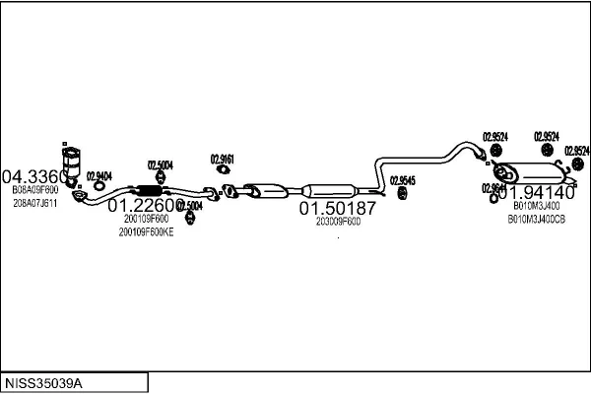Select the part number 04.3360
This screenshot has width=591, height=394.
[35, 176]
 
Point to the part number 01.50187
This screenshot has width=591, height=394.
[338, 209]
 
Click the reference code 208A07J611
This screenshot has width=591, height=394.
[35, 203]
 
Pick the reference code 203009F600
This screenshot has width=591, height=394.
[338, 222]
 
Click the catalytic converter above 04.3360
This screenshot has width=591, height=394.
[71, 161]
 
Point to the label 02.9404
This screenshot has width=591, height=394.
[99, 175]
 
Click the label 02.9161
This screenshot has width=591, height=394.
[223, 159]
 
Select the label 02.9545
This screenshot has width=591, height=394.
[402, 180]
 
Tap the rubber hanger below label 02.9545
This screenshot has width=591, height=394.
[402, 193]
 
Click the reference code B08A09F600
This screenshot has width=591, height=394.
[35, 189]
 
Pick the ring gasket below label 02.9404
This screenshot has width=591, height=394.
[96, 189]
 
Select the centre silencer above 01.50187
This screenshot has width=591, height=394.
[330, 190]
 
